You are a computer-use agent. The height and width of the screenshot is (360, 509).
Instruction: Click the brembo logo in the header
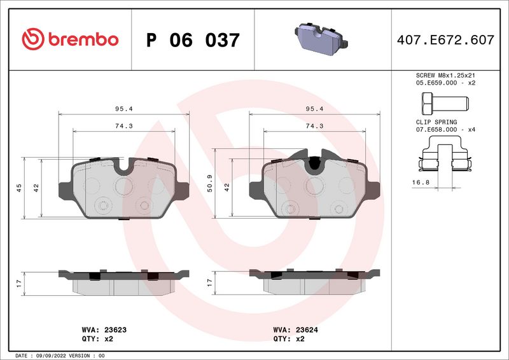coord(70,39)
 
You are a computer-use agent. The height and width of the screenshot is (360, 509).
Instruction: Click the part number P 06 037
coord(193,40)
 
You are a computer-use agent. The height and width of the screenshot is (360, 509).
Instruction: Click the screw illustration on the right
coord(443,102)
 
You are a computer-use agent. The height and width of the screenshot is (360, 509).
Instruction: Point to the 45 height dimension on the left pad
coord(19,188)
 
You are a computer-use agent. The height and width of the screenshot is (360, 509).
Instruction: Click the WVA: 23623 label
coord(104,330)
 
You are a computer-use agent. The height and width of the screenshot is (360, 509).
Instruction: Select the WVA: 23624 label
coord(296,330)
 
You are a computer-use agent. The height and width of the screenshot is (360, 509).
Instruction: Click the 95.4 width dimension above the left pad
coord(123,109)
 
